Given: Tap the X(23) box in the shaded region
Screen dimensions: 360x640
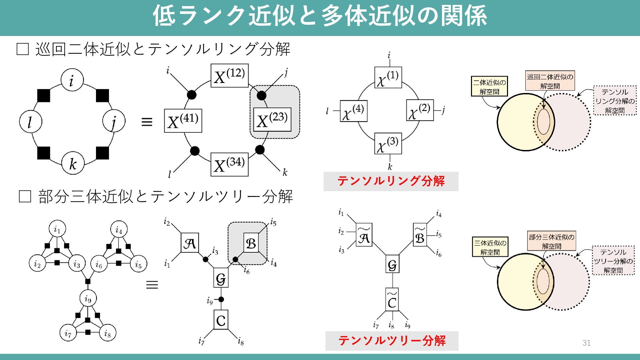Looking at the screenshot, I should (x=272, y=119).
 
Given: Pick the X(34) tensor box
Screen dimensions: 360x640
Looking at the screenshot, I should (x=230, y=164).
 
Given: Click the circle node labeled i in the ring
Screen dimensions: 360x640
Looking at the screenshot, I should (x=72, y=80).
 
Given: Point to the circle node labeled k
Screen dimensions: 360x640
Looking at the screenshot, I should (x=73, y=163).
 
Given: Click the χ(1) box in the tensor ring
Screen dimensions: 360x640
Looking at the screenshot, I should (x=388, y=77).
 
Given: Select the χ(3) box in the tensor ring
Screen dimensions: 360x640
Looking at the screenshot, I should (x=388, y=143).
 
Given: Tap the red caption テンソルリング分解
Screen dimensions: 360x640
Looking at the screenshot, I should (x=391, y=181).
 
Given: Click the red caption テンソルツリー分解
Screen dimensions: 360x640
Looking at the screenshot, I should (x=392, y=341).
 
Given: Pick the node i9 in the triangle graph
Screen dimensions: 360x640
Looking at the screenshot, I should (x=88, y=299).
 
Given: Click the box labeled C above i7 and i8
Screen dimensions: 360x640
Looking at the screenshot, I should (x=221, y=320).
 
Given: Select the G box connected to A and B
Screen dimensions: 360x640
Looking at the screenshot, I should (x=221, y=277).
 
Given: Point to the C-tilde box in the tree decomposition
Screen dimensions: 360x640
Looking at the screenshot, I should (x=392, y=299).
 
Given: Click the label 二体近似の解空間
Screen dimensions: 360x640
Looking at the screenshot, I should (x=489, y=87).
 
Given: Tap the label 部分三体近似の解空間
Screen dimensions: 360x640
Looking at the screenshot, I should (x=552, y=241).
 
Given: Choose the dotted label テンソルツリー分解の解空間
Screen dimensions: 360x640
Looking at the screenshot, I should (x=613, y=261).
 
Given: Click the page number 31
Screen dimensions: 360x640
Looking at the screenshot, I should (x=587, y=343).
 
